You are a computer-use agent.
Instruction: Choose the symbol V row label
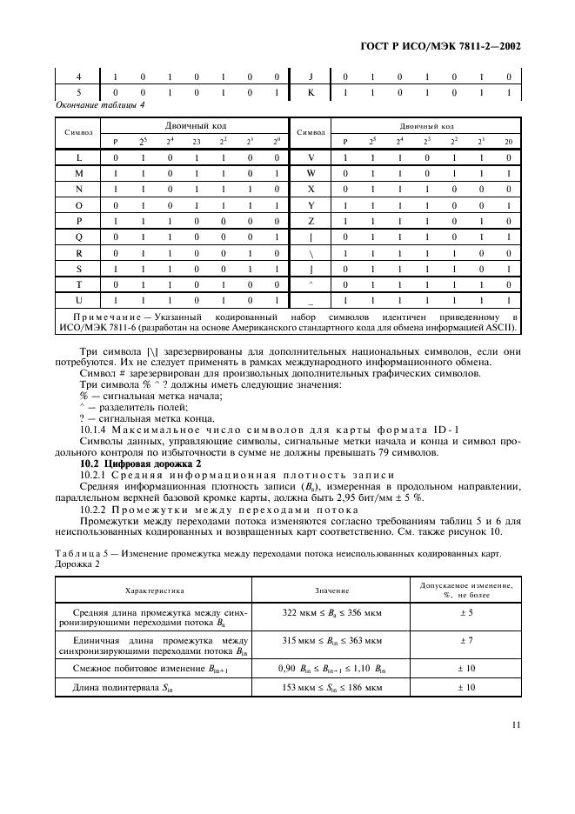(x=311, y=159)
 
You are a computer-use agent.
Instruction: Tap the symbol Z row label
(x=311, y=222)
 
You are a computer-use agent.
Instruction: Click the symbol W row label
(x=311, y=175)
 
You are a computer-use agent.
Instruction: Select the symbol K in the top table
(x=311, y=92)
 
